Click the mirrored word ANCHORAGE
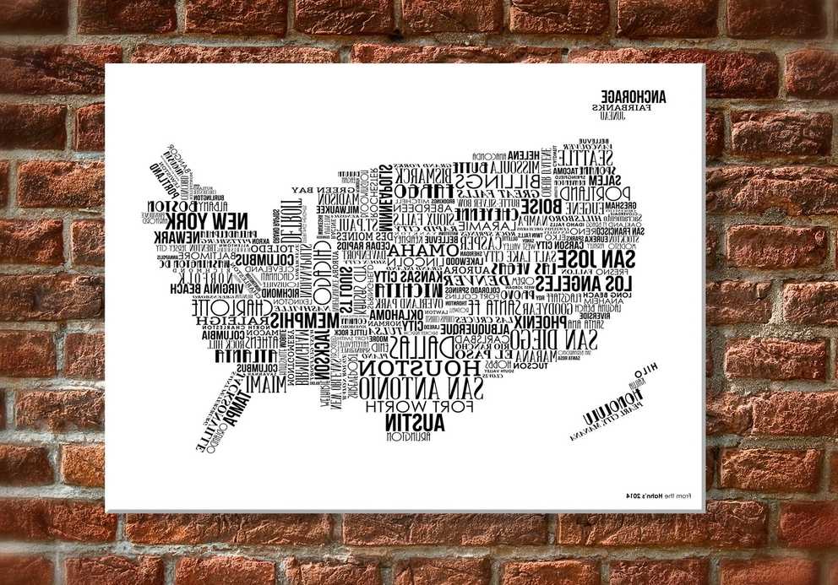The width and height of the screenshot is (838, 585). point(634,96)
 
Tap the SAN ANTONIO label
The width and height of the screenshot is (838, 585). point(420,388)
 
